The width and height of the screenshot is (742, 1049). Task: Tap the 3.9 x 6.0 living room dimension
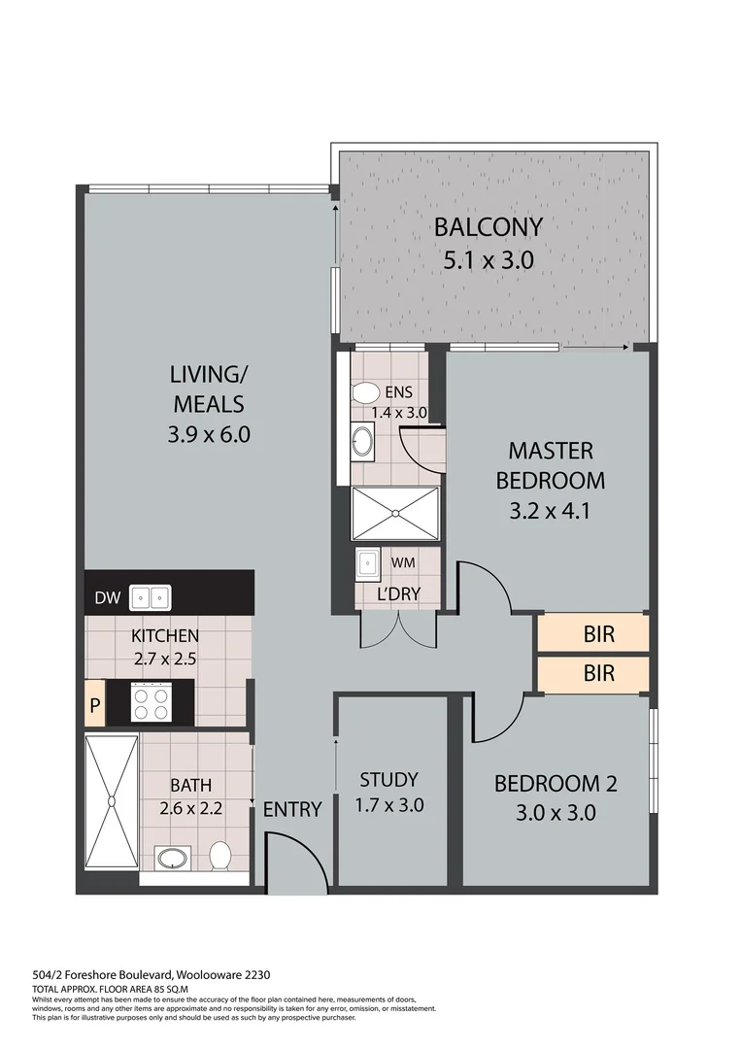point(209,434)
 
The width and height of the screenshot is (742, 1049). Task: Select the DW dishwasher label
point(106,598)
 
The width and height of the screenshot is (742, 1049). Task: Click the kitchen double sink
point(151,596)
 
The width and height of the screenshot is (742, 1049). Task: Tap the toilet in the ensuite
point(366,393)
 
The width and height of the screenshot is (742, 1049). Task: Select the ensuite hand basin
point(363,442)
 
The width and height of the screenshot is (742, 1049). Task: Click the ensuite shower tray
point(395,513)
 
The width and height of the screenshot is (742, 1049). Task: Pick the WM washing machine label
point(403,563)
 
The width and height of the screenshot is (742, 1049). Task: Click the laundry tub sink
point(369,564)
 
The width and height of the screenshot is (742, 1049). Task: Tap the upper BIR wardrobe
point(599,635)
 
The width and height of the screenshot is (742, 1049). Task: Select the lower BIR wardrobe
point(599,672)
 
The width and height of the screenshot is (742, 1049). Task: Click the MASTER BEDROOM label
point(550,465)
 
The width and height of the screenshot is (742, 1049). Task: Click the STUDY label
point(388,779)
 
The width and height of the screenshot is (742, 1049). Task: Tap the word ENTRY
point(291,809)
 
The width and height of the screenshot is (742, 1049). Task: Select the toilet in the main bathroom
point(220,856)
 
